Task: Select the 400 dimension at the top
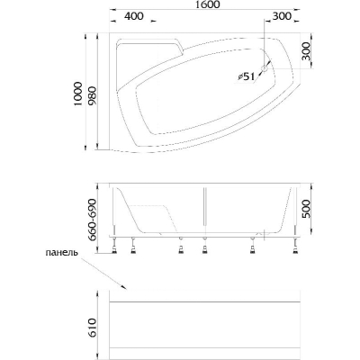134,16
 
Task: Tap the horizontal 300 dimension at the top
282,16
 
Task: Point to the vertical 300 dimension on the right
306,50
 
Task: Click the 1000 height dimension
77,94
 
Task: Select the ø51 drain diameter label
246,77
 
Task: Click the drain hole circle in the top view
265,69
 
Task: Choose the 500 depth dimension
306,209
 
